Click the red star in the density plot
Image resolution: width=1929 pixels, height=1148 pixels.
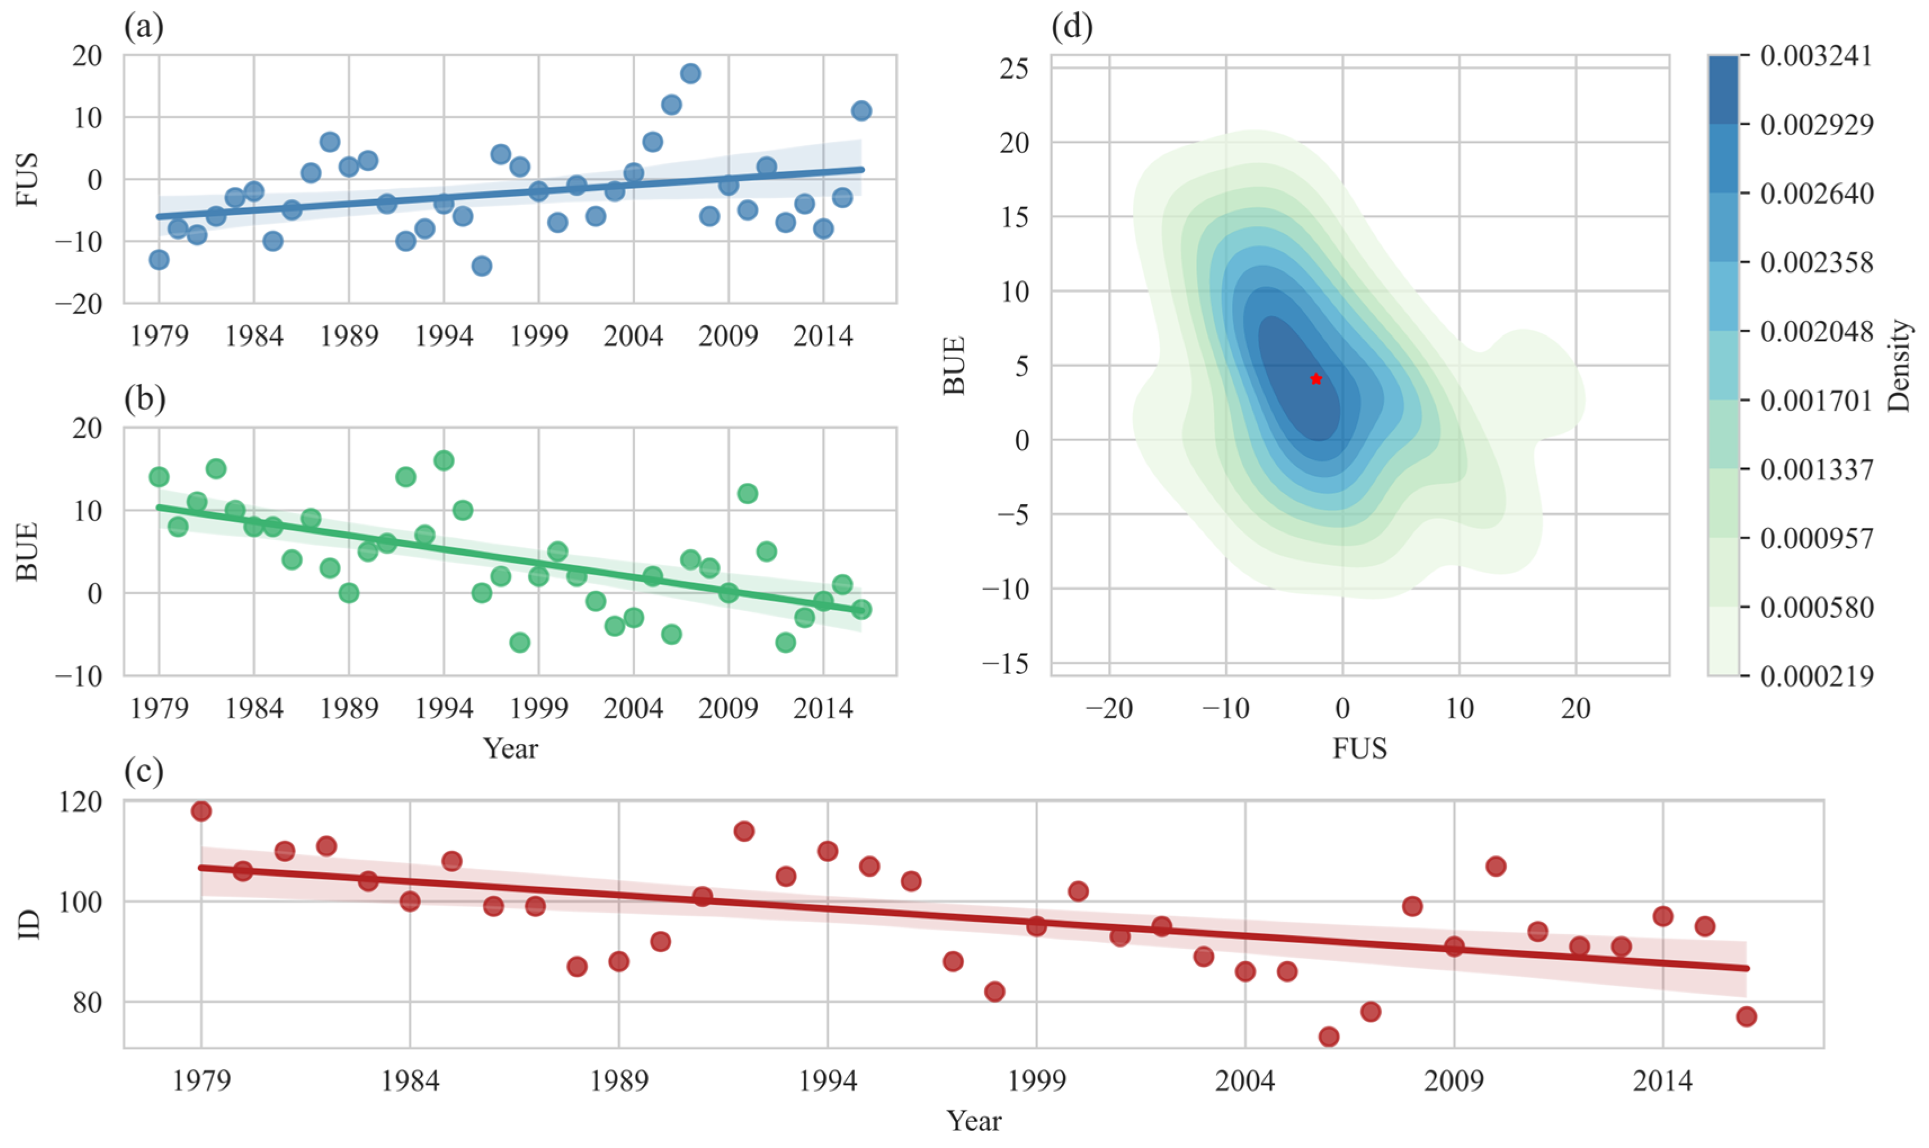[1315, 378]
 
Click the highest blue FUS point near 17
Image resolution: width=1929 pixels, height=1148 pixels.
[690, 74]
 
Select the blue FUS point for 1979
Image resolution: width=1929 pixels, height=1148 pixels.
[159, 259]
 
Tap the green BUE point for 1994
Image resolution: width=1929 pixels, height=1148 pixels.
[443, 460]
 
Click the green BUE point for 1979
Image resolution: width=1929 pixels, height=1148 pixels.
[159, 477]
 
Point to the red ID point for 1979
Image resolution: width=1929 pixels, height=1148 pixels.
[201, 811]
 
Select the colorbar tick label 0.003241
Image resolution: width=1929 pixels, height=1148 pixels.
[1816, 56]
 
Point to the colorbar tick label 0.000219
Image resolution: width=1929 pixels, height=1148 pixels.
[1816, 676]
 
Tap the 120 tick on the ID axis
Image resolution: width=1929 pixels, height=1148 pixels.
[81, 802]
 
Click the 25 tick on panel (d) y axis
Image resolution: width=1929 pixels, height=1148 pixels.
[1013, 68]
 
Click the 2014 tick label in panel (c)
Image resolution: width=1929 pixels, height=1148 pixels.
[1662, 1080]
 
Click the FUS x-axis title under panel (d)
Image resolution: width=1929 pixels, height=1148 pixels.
[1360, 748]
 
